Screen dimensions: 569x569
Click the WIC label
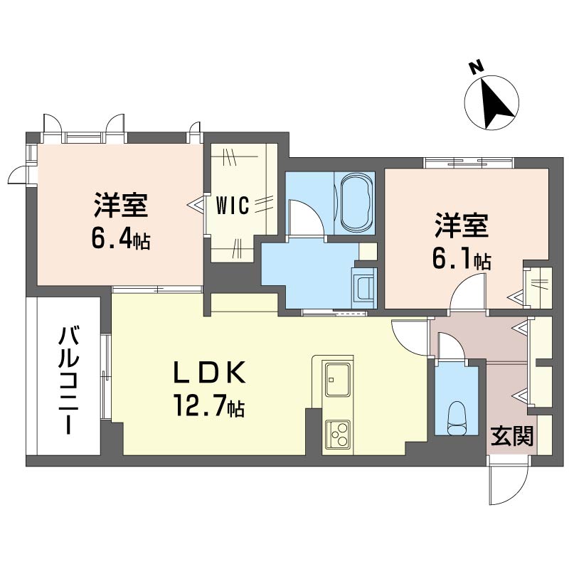coord(233,206)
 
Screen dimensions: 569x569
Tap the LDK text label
coord(210,373)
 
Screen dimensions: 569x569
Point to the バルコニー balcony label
coord(69,380)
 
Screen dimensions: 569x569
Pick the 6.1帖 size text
coord(462,259)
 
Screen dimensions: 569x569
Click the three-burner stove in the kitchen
coord(337,435)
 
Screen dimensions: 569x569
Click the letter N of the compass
coord(476,68)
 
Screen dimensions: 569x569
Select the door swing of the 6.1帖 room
coord(467,292)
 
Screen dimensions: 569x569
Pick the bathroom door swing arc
coord(306,218)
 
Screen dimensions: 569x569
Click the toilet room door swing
coord(451,346)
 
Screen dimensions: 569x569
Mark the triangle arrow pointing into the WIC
coord(196,206)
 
